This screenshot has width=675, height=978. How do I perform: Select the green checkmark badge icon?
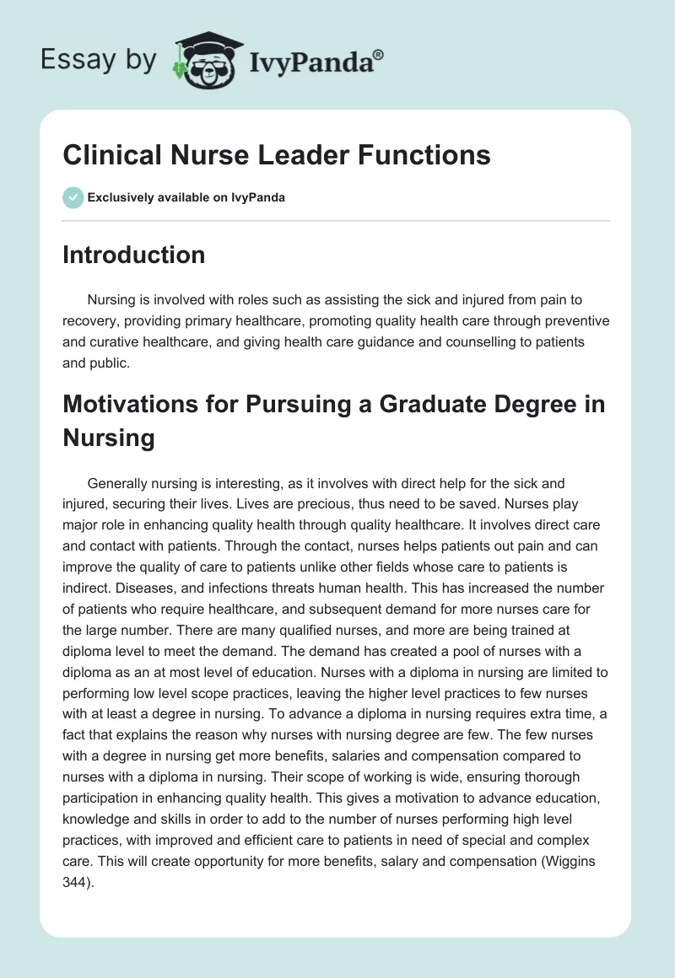pos(73,197)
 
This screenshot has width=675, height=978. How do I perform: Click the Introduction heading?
pos(134,255)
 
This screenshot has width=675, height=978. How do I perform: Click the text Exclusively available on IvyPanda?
pos(186,197)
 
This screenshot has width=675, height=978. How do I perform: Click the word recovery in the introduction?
pos(92,321)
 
